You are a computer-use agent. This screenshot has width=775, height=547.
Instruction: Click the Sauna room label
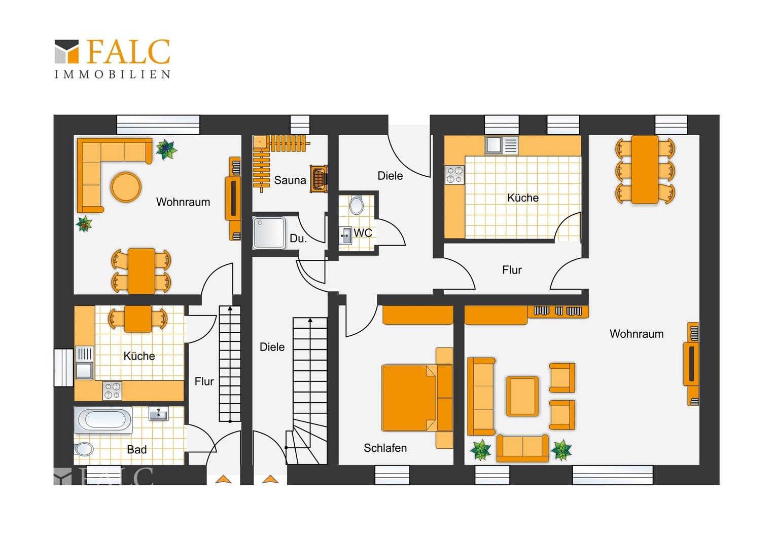[290, 180]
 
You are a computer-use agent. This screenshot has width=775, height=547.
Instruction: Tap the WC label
[363, 233]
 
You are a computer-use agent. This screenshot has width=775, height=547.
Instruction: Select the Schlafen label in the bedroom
[385, 448]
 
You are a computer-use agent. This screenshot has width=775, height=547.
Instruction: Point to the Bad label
[136, 450]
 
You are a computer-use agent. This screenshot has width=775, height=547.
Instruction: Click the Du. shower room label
[298, 239]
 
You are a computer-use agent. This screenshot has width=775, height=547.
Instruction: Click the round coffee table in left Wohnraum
[126, 187]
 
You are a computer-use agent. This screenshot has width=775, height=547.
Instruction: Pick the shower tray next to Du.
[269, 232]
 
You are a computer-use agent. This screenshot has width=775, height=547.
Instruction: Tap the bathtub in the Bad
[103, 420]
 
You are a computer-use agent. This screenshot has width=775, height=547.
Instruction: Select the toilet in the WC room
[356, 205]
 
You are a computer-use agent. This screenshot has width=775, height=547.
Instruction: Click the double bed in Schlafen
[417, 398]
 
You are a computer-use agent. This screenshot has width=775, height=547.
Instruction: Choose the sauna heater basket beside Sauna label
[319, 179]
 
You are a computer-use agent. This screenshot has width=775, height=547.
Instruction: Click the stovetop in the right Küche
[454, 175]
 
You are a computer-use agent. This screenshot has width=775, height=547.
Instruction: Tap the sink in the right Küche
[501, 145]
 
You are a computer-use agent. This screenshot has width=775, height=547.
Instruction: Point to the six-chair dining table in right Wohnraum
[645, 170]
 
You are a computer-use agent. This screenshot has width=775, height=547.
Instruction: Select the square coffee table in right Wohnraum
[522, 396]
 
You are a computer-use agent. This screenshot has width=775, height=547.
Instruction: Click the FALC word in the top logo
[127, 52]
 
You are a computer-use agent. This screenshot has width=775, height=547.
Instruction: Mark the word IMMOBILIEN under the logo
[113, 74]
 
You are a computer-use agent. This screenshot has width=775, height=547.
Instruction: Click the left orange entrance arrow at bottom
[223, 479]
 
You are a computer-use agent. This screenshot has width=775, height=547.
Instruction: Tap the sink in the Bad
[158, 413]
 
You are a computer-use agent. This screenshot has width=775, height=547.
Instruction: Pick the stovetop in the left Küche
[113, 391]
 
